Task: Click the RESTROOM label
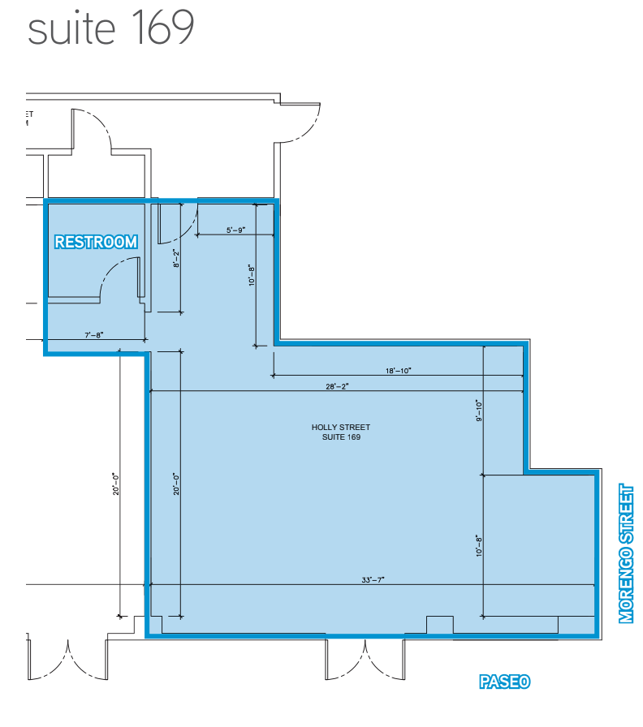click(x=95, y=241)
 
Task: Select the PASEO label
click(x=504, y=682)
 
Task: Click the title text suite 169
click(x=111, y=29)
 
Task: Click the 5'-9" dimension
click(x=235, y=230)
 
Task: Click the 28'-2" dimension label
click(x=334, y=386)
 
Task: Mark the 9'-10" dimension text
click(x=479, y=411)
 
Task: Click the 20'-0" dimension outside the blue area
click(x=116, y=484)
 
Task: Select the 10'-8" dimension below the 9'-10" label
click(x=479, y=544)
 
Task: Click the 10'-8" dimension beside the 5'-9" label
click(x=252, y=276)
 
